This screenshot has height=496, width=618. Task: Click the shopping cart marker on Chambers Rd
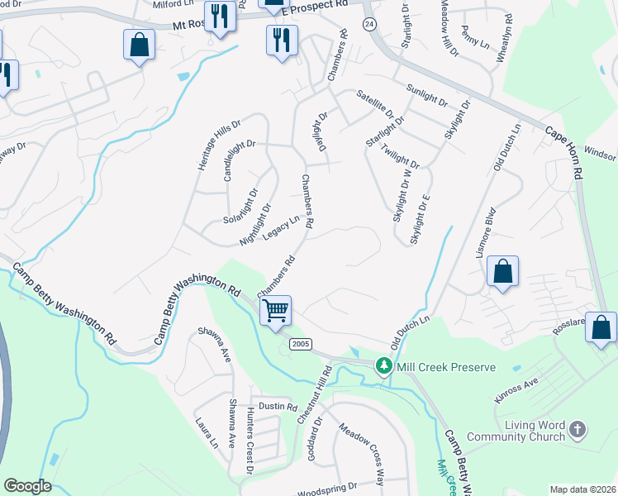[276, 311]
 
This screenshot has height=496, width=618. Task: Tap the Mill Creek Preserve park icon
[383, 365]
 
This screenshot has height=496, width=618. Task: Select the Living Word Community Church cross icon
[578, 429]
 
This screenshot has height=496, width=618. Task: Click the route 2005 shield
[300, 342]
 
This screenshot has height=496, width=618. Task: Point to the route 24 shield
[368, 24]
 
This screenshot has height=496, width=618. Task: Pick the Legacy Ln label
[280, 229]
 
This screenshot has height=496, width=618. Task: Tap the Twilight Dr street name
[401, 154]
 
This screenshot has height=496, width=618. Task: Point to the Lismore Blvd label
[485, 232]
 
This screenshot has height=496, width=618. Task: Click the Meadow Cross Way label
[361, 454]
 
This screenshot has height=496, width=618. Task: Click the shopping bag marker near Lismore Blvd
[502, 272]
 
